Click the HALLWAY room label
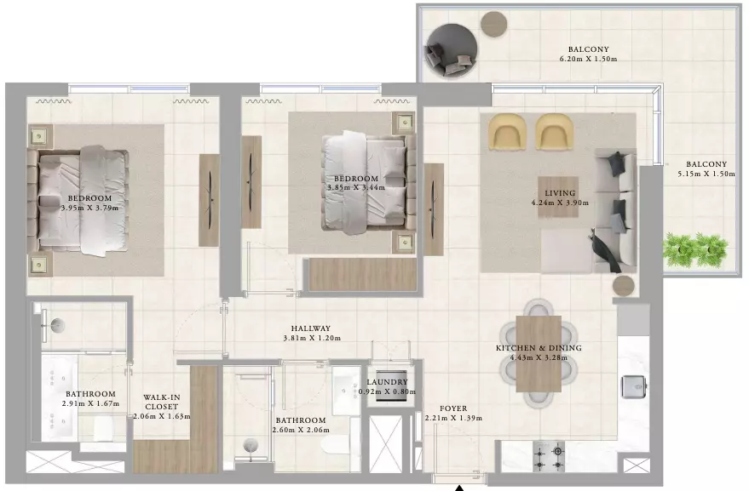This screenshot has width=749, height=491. coord(311,328)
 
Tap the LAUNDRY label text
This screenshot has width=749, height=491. coord(388,382)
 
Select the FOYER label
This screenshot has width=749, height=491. coord(453,408)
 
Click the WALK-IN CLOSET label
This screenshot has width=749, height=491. coord(161,402)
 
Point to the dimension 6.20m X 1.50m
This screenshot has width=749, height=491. coord(589,60)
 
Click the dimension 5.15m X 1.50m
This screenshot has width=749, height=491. coord(706,174)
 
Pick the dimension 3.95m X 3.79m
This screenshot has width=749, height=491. coord(89,208)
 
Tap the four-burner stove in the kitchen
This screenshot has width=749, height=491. coord(549,457)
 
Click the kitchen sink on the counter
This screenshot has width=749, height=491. coord(634,386)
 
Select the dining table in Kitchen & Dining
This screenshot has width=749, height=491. coord(539,353)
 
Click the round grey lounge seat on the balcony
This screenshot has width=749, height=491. coord(452,51)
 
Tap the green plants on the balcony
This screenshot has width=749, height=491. coord(695,249)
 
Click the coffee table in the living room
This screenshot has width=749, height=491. coord(558,197)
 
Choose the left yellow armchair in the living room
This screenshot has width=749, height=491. coord(507,131)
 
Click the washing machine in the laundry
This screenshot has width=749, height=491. coord(391,385)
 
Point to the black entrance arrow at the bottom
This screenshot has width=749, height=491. coord(459,488)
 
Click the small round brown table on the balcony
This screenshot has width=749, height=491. coord(493,24)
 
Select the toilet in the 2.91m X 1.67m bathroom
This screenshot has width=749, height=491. coord(102,429)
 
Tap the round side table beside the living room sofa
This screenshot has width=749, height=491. coord(624,286)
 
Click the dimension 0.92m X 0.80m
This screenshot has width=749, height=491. coord(388,391)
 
